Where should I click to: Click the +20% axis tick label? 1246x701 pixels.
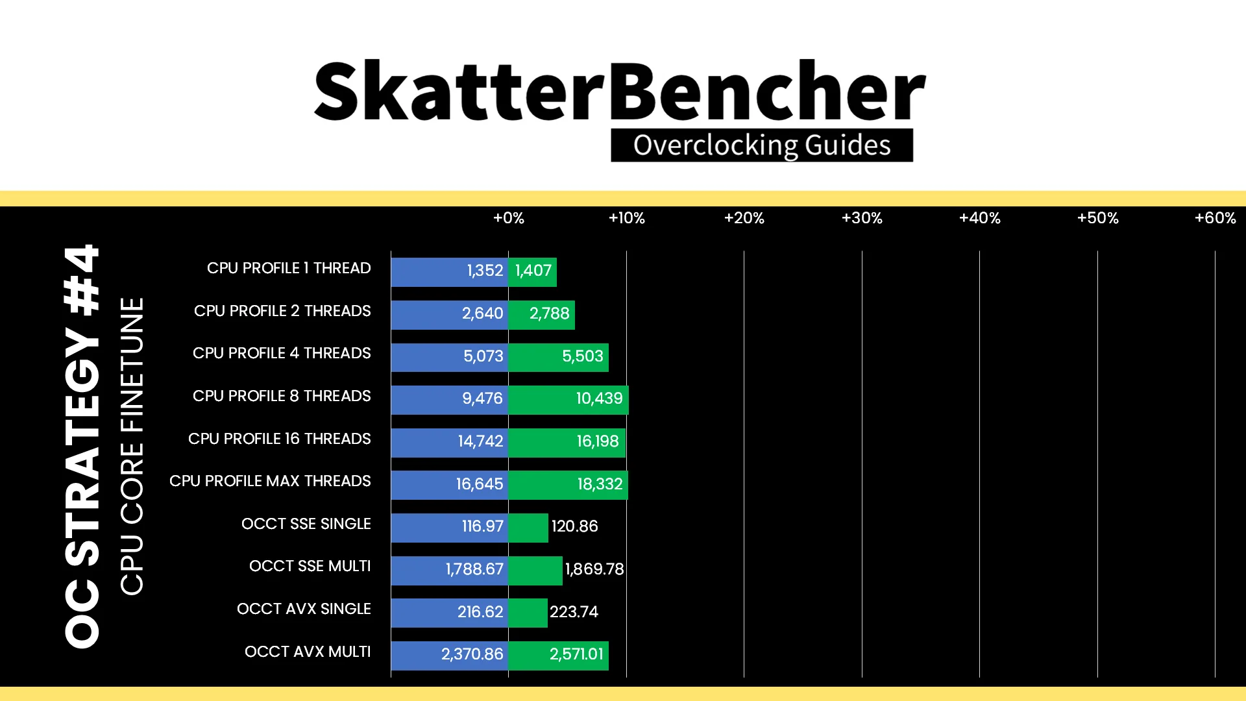pos(744,218)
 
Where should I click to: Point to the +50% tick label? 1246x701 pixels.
pos(1097,218)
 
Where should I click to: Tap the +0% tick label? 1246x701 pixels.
pos(508,218)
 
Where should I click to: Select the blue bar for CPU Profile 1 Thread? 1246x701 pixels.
pos(450,272)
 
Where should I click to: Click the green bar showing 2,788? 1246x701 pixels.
pos(542,315)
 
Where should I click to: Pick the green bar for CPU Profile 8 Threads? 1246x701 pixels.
pos(568,400)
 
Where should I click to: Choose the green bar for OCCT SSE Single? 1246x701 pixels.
pos(528,528)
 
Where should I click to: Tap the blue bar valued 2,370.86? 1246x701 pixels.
pos(450,656)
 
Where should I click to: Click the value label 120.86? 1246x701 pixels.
pos(574,526)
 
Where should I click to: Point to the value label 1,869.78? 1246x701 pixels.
pos(594,569)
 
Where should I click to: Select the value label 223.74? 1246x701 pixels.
pos(574,612)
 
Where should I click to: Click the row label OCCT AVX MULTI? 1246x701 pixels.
pos(308,652)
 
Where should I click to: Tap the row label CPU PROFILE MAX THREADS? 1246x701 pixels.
pos(270,481)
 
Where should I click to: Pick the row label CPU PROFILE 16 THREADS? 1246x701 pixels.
pos(279,439)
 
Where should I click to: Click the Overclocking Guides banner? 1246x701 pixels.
pos(762,145)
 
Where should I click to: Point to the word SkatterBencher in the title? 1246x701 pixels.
pos(620,91)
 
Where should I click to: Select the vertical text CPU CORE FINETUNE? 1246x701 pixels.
pos(132,447)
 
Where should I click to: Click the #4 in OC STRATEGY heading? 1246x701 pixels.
pos(82,280)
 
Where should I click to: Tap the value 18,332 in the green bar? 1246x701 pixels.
pos(600,484)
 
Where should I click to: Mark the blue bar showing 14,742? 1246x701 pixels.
pos(450,443)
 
